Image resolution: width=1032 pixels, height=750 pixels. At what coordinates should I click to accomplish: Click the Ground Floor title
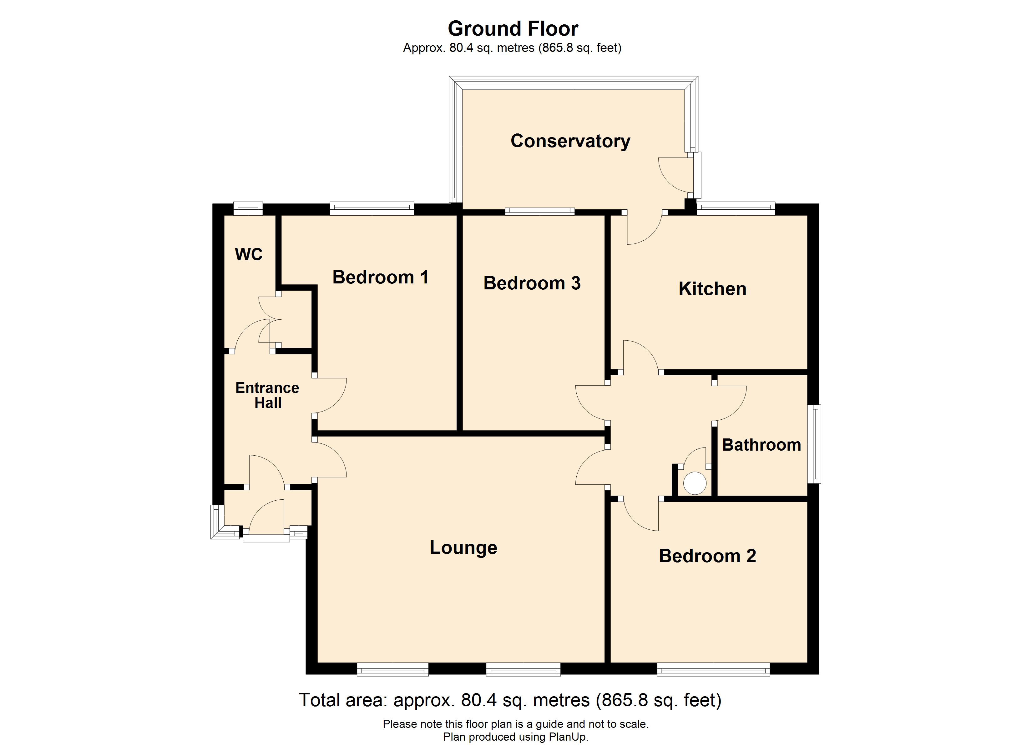[513, 29]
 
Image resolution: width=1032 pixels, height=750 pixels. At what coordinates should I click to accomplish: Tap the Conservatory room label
[570, 141]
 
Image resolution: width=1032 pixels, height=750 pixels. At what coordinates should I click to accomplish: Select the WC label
[248, 254]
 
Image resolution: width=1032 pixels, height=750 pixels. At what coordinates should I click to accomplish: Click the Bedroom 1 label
[380, 277]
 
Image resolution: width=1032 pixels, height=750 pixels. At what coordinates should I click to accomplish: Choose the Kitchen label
[712, 289]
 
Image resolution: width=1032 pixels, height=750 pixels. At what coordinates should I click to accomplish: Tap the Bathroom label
[761, 445]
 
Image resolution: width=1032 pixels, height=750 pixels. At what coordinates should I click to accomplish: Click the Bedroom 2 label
[707, 556]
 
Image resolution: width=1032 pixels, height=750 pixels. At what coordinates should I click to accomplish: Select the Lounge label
[463, 547]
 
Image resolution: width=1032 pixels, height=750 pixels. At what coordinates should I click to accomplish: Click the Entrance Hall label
[268, 395]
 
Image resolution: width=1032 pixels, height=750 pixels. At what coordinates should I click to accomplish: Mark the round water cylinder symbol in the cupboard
[695, 483]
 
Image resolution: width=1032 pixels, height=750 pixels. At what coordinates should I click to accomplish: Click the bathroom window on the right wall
[817, 443]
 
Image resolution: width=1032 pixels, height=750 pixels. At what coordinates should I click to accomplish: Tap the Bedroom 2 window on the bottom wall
[713, 669]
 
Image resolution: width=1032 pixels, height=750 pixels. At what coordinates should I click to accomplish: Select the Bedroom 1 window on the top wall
[372, 209]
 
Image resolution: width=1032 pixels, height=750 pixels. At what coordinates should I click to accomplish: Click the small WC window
[248, 208]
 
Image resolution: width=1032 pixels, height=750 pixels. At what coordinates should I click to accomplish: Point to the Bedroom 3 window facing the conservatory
[540, 211]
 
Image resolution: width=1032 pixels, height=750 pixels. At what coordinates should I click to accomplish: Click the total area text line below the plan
[510, 700]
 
